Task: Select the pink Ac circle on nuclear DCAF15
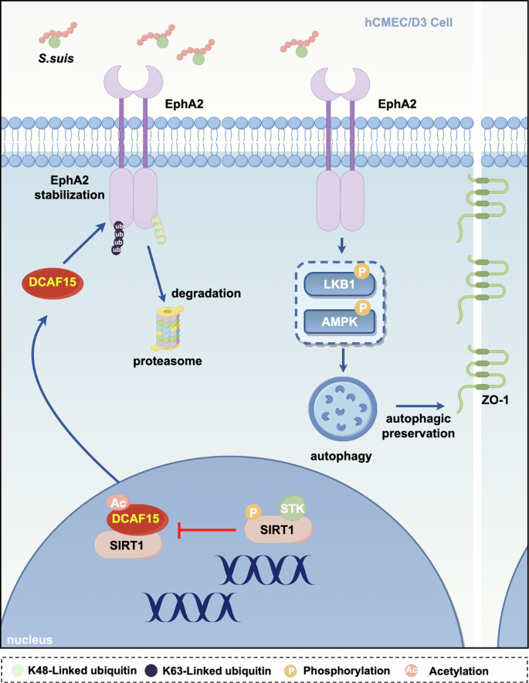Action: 119,503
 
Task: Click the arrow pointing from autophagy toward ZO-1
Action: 419,404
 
